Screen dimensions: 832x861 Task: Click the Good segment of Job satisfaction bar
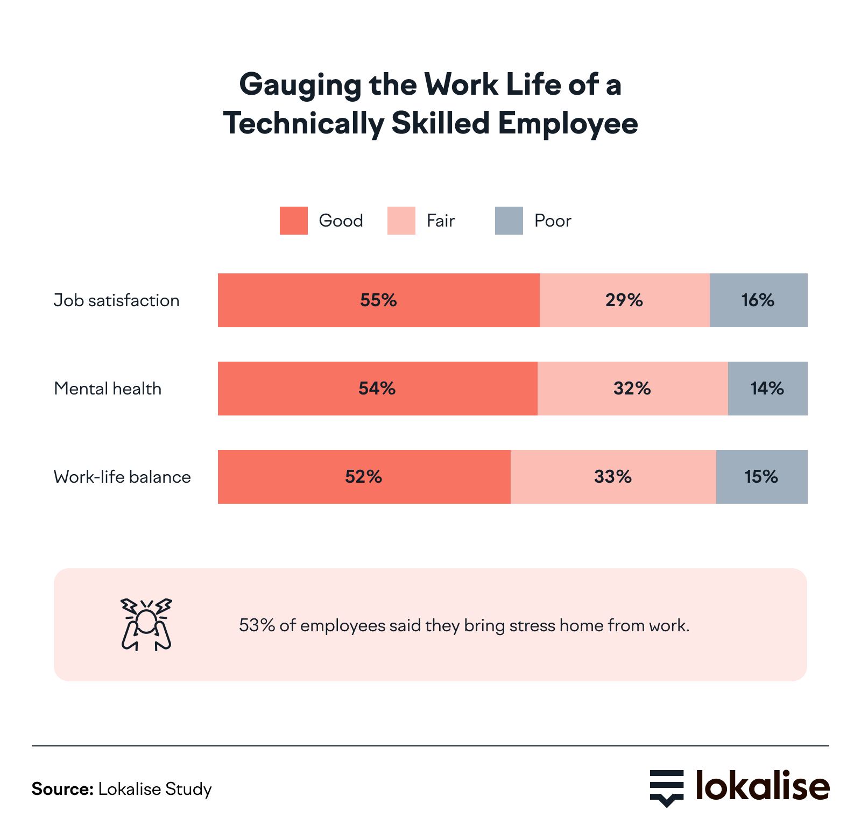click(378, 300)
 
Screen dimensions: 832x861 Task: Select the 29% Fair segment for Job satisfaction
click(624, 300)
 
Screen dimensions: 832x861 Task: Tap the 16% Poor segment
click(758, 300)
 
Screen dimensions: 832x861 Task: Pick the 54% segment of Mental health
click(377, 389)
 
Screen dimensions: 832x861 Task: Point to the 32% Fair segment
click(632, 389)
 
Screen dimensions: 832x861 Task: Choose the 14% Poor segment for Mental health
click(767, 389)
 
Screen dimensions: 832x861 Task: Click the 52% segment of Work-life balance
click(364, 477)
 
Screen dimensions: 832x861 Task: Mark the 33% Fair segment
click(613, 477)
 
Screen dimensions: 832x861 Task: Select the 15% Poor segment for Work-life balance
click(761, 477)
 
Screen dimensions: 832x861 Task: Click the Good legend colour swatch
click(294, 221)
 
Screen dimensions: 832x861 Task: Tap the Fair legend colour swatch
click(401, 221)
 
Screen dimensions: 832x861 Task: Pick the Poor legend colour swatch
click(509, 221)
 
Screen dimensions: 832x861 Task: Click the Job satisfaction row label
click(117, 300)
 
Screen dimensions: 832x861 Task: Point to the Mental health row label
click(108, 389)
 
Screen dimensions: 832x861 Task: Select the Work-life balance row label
click(122, 477)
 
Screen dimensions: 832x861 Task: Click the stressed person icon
click(146, 624)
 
